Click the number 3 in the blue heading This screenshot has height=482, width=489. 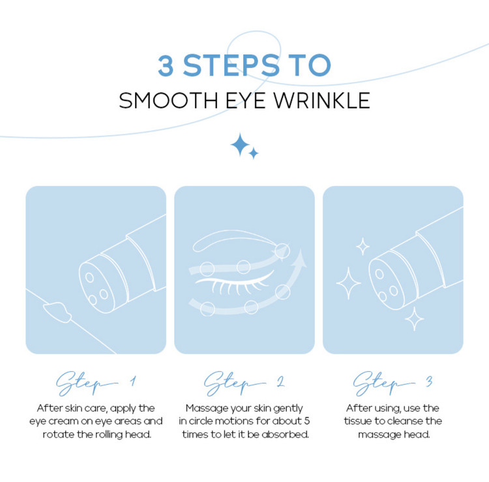166,65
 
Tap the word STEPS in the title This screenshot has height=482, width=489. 231,65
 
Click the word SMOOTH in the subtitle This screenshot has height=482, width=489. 168,100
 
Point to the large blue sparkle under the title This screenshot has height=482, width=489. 240,144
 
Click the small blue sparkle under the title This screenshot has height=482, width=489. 254,153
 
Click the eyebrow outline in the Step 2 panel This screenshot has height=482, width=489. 234,240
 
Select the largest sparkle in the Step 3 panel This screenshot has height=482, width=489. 349,283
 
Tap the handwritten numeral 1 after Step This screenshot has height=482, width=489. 134,382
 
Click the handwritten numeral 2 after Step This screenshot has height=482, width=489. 280,382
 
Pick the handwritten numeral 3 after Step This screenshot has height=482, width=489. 429,382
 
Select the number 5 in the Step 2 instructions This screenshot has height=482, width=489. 307,421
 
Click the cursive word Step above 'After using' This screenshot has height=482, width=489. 383,383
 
